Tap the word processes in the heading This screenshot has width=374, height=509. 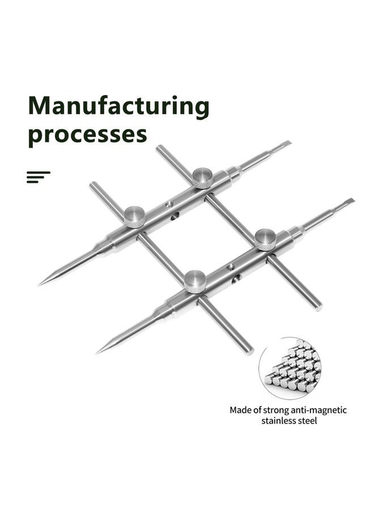tap(87, 134)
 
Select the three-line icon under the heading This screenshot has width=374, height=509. tap(39, 177)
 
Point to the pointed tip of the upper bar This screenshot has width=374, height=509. tap(39, 284)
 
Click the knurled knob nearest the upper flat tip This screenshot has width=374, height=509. tap(202, 178)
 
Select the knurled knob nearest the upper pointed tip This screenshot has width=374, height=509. tap(135, 217)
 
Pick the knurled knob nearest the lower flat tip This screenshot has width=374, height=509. tap(265, 240)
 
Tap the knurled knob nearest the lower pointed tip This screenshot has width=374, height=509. tap(195, 282)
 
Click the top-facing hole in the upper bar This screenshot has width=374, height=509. tap(168, 205)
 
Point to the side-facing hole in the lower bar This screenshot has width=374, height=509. tap(237, 278)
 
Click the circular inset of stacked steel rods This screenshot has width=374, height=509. tap(290, 368)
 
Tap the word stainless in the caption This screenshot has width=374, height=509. tap(279, 421)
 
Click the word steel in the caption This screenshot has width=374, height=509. tap(307, 421)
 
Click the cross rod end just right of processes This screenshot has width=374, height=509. tap(160, 149)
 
